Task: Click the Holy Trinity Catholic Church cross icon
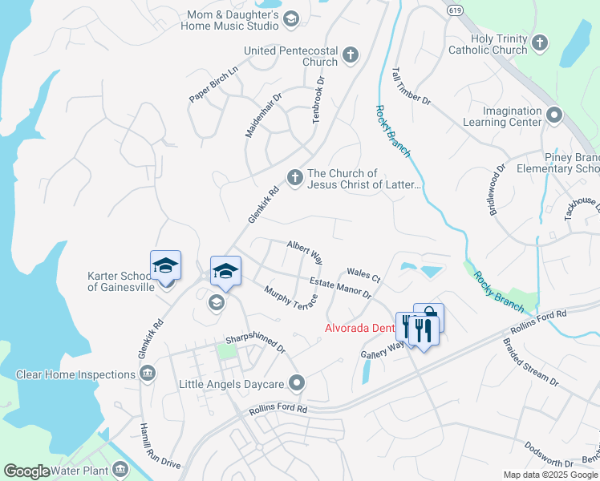tap(540, 42)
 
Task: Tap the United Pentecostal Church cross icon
tap(350, 55)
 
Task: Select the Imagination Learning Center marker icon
tap(553, 116)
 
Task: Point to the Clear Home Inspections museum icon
tap(148, 374)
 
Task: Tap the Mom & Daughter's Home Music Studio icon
tap(291, 18)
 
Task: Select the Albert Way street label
tap(305, 252)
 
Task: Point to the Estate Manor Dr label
tap(341, 288)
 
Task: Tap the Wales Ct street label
tap(363, 275)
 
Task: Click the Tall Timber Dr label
tap(411, 87)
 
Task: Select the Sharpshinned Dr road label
tap(255, 343)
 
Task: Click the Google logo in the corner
tap(26, 471)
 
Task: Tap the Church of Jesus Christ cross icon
tap(294, 178)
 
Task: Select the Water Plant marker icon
tap(120, 468)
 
